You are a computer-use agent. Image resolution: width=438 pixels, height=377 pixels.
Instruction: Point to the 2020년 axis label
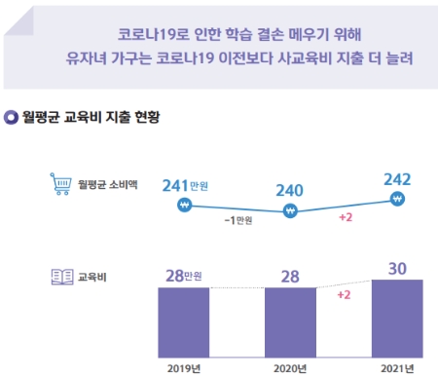290,367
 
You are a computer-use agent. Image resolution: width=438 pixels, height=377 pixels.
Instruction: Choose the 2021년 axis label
397,367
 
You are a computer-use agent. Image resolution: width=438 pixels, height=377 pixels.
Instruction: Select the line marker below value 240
289,210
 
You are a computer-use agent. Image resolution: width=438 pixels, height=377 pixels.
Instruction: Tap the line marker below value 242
397,199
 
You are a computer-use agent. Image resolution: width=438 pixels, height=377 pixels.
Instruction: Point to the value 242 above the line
397,178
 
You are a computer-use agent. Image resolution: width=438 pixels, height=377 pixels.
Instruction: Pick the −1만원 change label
237,221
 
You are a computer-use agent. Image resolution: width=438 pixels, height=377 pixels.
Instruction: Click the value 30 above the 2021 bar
397,266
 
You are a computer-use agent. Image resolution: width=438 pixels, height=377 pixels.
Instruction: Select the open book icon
59,277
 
